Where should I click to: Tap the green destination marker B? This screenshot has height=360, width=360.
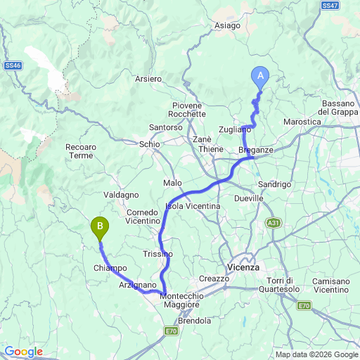[101, 227]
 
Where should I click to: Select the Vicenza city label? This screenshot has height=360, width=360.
[244, 268]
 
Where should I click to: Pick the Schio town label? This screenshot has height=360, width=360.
[150, 143]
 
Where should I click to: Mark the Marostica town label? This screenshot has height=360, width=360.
[302, 122]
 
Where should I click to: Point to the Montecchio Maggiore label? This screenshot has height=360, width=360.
[182, 301]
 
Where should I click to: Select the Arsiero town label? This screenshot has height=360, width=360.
[148, 79]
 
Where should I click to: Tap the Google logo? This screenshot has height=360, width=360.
[22, 352]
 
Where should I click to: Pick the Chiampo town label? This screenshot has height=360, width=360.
[110, 268]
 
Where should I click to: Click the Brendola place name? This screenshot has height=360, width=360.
[194, 321]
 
